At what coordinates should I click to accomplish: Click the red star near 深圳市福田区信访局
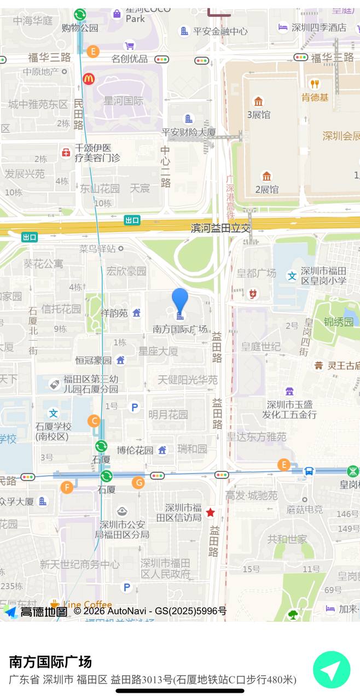(x=210, y=512)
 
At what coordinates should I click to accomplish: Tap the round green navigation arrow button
(x=331, y=669)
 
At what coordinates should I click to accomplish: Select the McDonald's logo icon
(x=89, y=79)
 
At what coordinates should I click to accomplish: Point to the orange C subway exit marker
(x=94, y=421)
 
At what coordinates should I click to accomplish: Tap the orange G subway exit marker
(x=138, y=483)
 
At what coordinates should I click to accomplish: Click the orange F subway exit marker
(x=67, y=487)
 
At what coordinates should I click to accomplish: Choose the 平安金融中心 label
(x=220, y=31)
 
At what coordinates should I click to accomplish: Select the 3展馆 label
(x=258, y=115)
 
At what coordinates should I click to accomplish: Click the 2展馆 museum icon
(x=266, y=176)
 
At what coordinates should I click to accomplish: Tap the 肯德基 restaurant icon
(x=314, y=84)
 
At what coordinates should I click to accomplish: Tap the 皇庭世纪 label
(x=261, y=346)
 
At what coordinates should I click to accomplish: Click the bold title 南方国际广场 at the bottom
(x=50, y=662)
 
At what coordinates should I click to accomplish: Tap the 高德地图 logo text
(x=44, y=611)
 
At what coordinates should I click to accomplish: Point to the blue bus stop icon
(x=309, y=471)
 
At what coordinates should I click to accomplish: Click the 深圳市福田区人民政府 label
(x=165, y=568)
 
